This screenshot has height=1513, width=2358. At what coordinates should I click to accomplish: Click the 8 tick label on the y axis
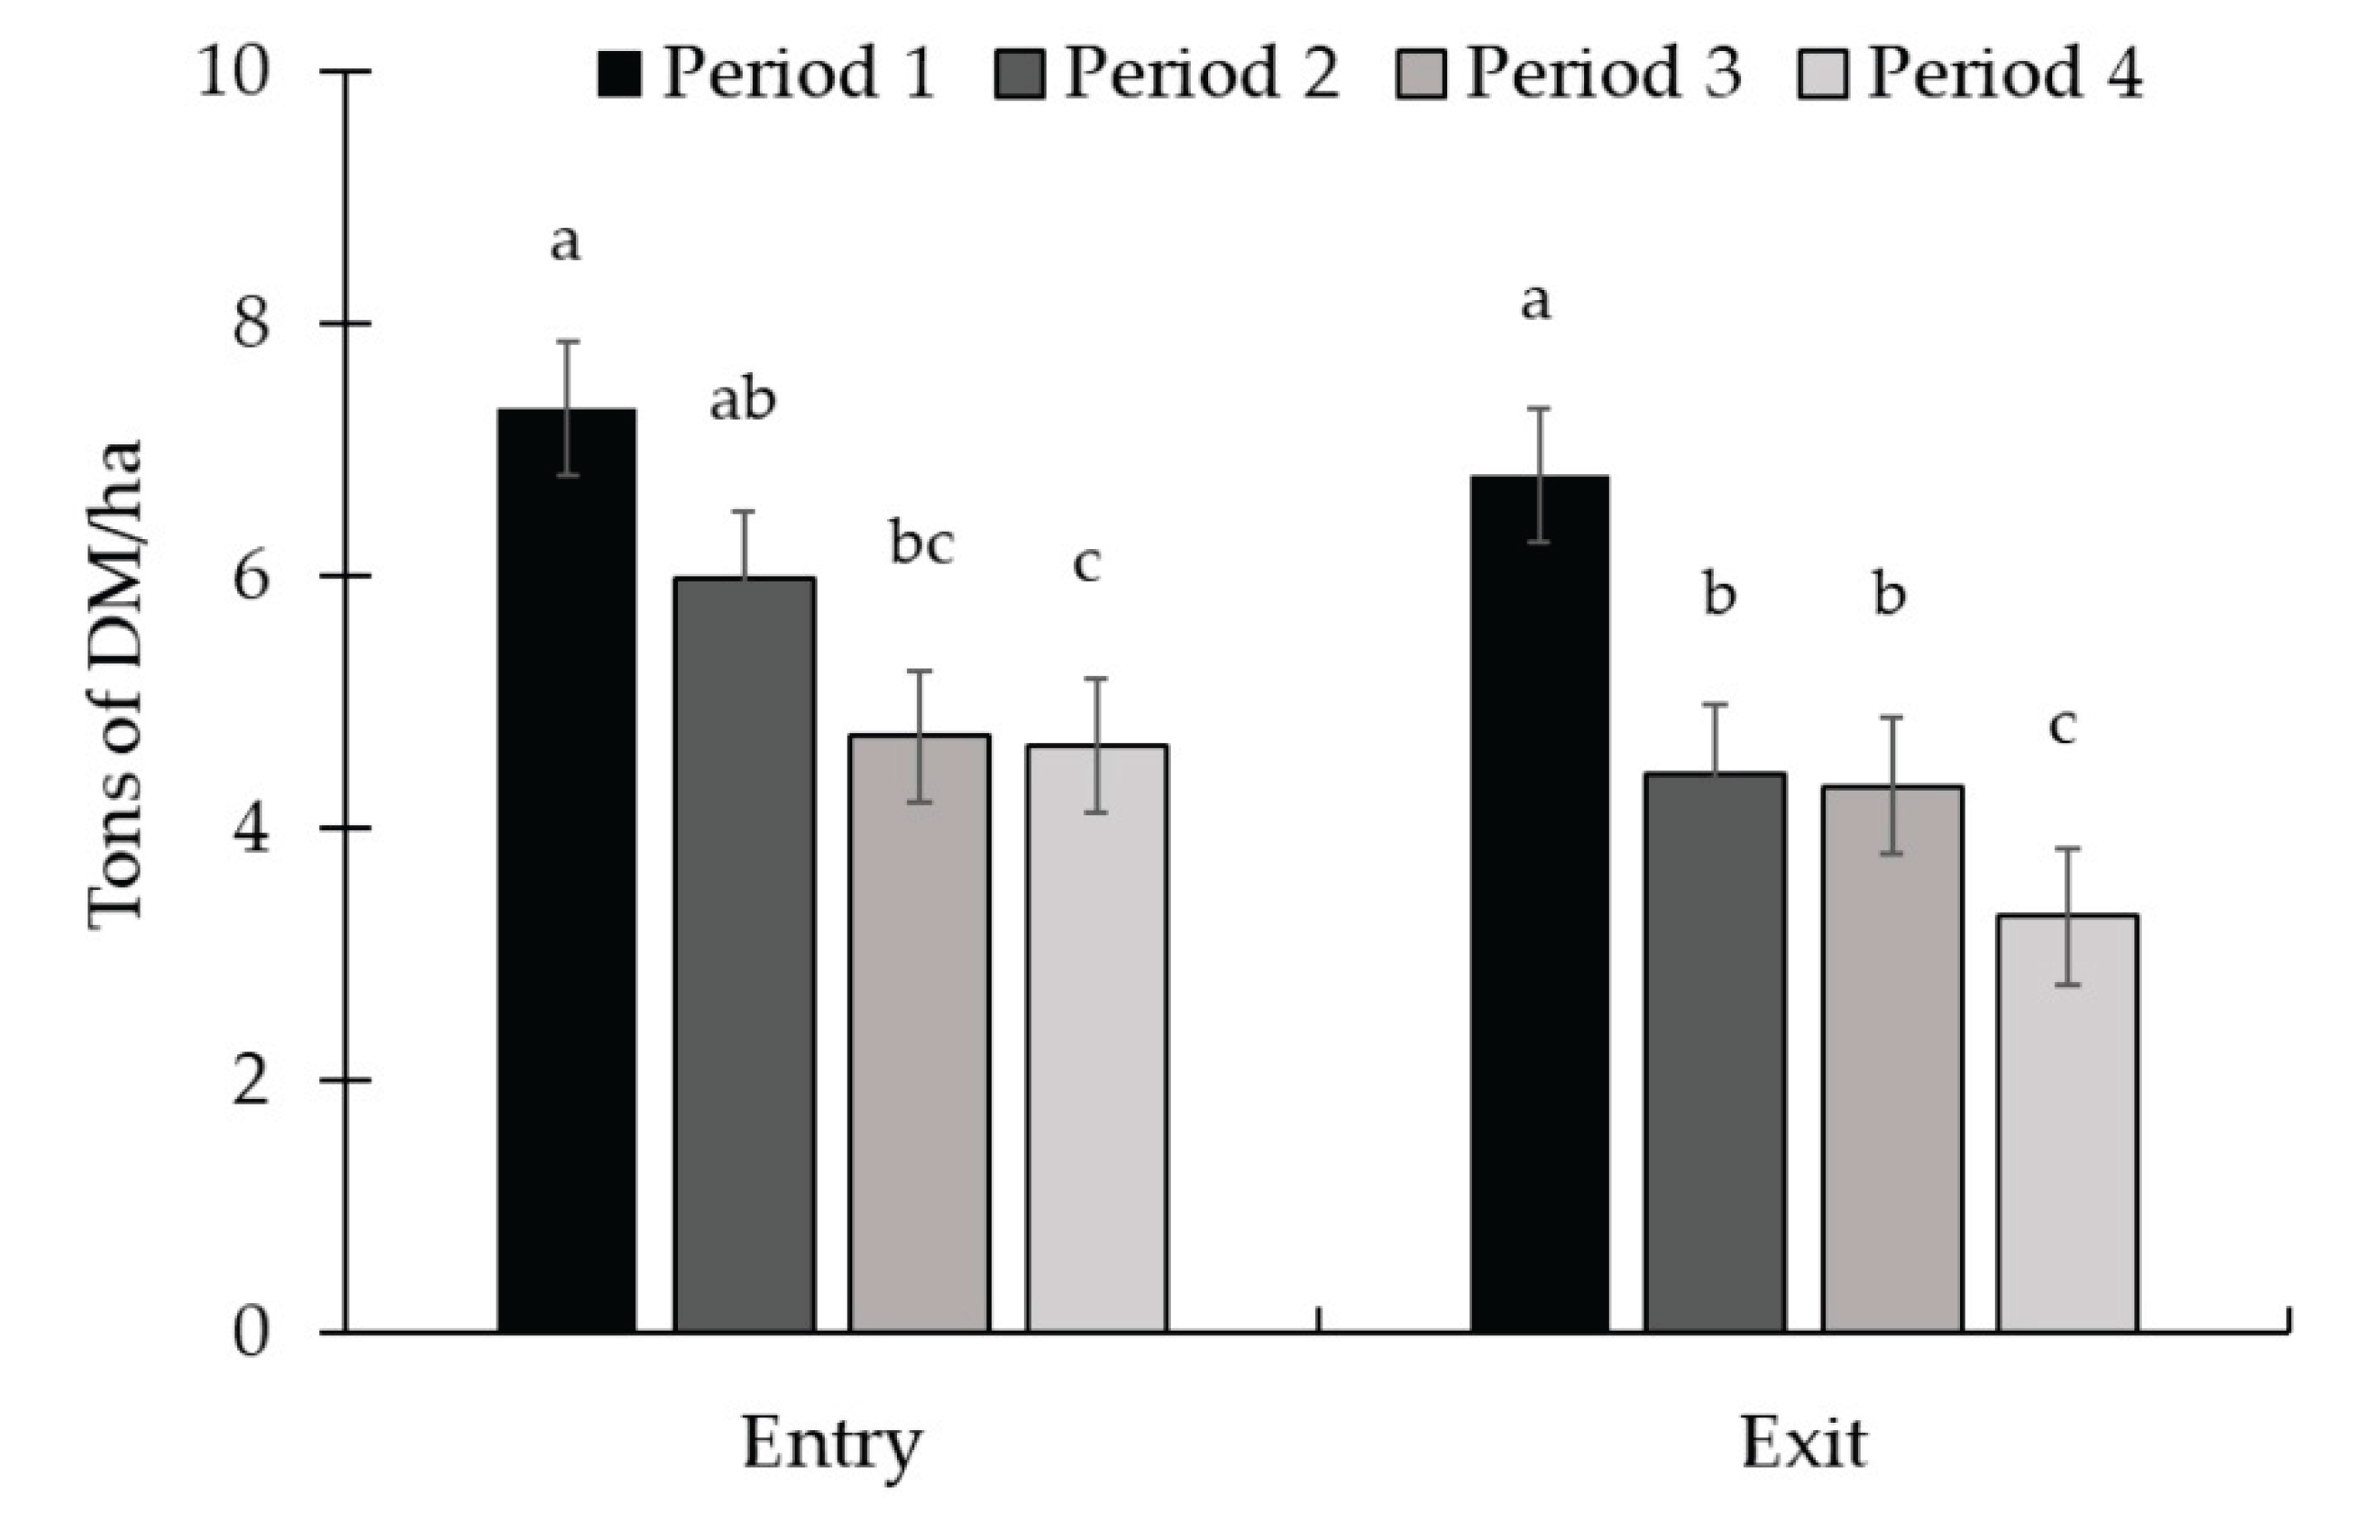(x=251, y=325)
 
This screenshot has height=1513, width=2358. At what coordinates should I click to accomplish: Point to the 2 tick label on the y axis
(x=251, y=1081)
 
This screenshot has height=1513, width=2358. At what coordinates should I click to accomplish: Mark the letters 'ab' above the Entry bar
(x=743, y=401)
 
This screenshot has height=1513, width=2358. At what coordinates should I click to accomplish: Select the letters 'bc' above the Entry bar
(x=921, y=544)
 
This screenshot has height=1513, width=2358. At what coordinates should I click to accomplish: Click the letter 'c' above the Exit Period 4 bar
(x=2061, y=727)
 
